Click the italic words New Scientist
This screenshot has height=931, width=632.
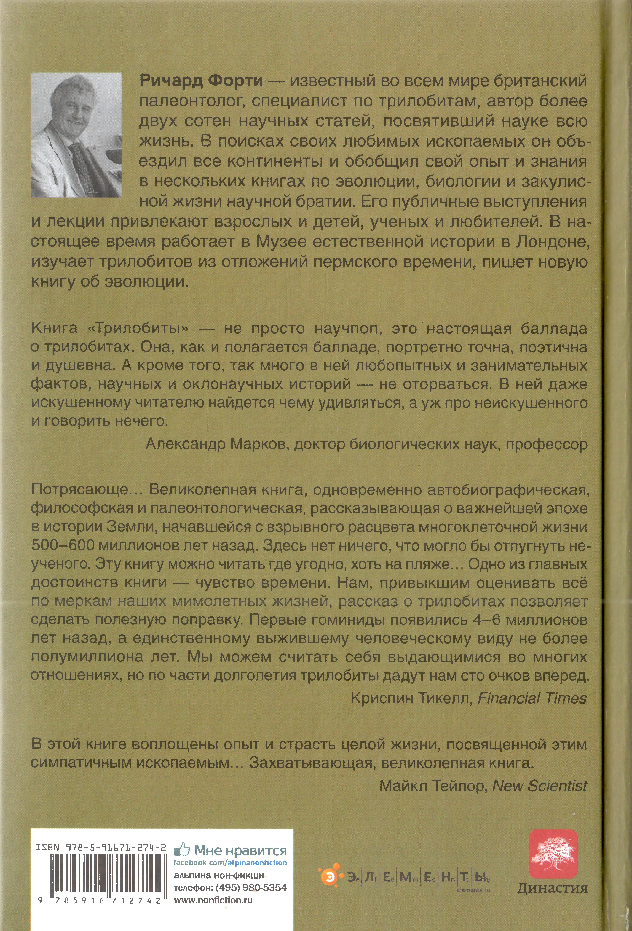point(540,786)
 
